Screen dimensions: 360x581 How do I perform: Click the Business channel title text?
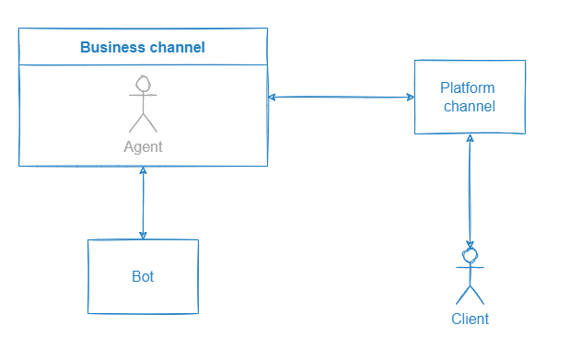click(143, 47)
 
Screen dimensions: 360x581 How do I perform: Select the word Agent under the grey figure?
click(143, 146)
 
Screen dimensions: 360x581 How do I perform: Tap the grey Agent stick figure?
click(142, 106)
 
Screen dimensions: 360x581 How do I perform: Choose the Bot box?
click(143, 276)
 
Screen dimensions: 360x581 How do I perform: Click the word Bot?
click(143, 276)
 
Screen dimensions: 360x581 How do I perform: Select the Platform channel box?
click(470, 97)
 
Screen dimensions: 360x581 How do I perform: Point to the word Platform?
click(468, 88)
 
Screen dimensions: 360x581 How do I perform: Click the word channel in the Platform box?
click(470, 106)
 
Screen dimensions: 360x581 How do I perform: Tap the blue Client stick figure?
click(471, 276)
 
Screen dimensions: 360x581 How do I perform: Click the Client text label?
click(470, 319)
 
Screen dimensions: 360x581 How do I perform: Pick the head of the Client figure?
click(471, 255)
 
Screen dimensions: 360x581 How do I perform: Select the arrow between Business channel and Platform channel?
click(341, 97)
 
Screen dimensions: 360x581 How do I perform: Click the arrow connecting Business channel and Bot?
click(143, 203)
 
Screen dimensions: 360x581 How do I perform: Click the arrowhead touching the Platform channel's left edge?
click(408, 97)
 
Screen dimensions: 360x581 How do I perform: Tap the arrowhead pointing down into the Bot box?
click(143, 234)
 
